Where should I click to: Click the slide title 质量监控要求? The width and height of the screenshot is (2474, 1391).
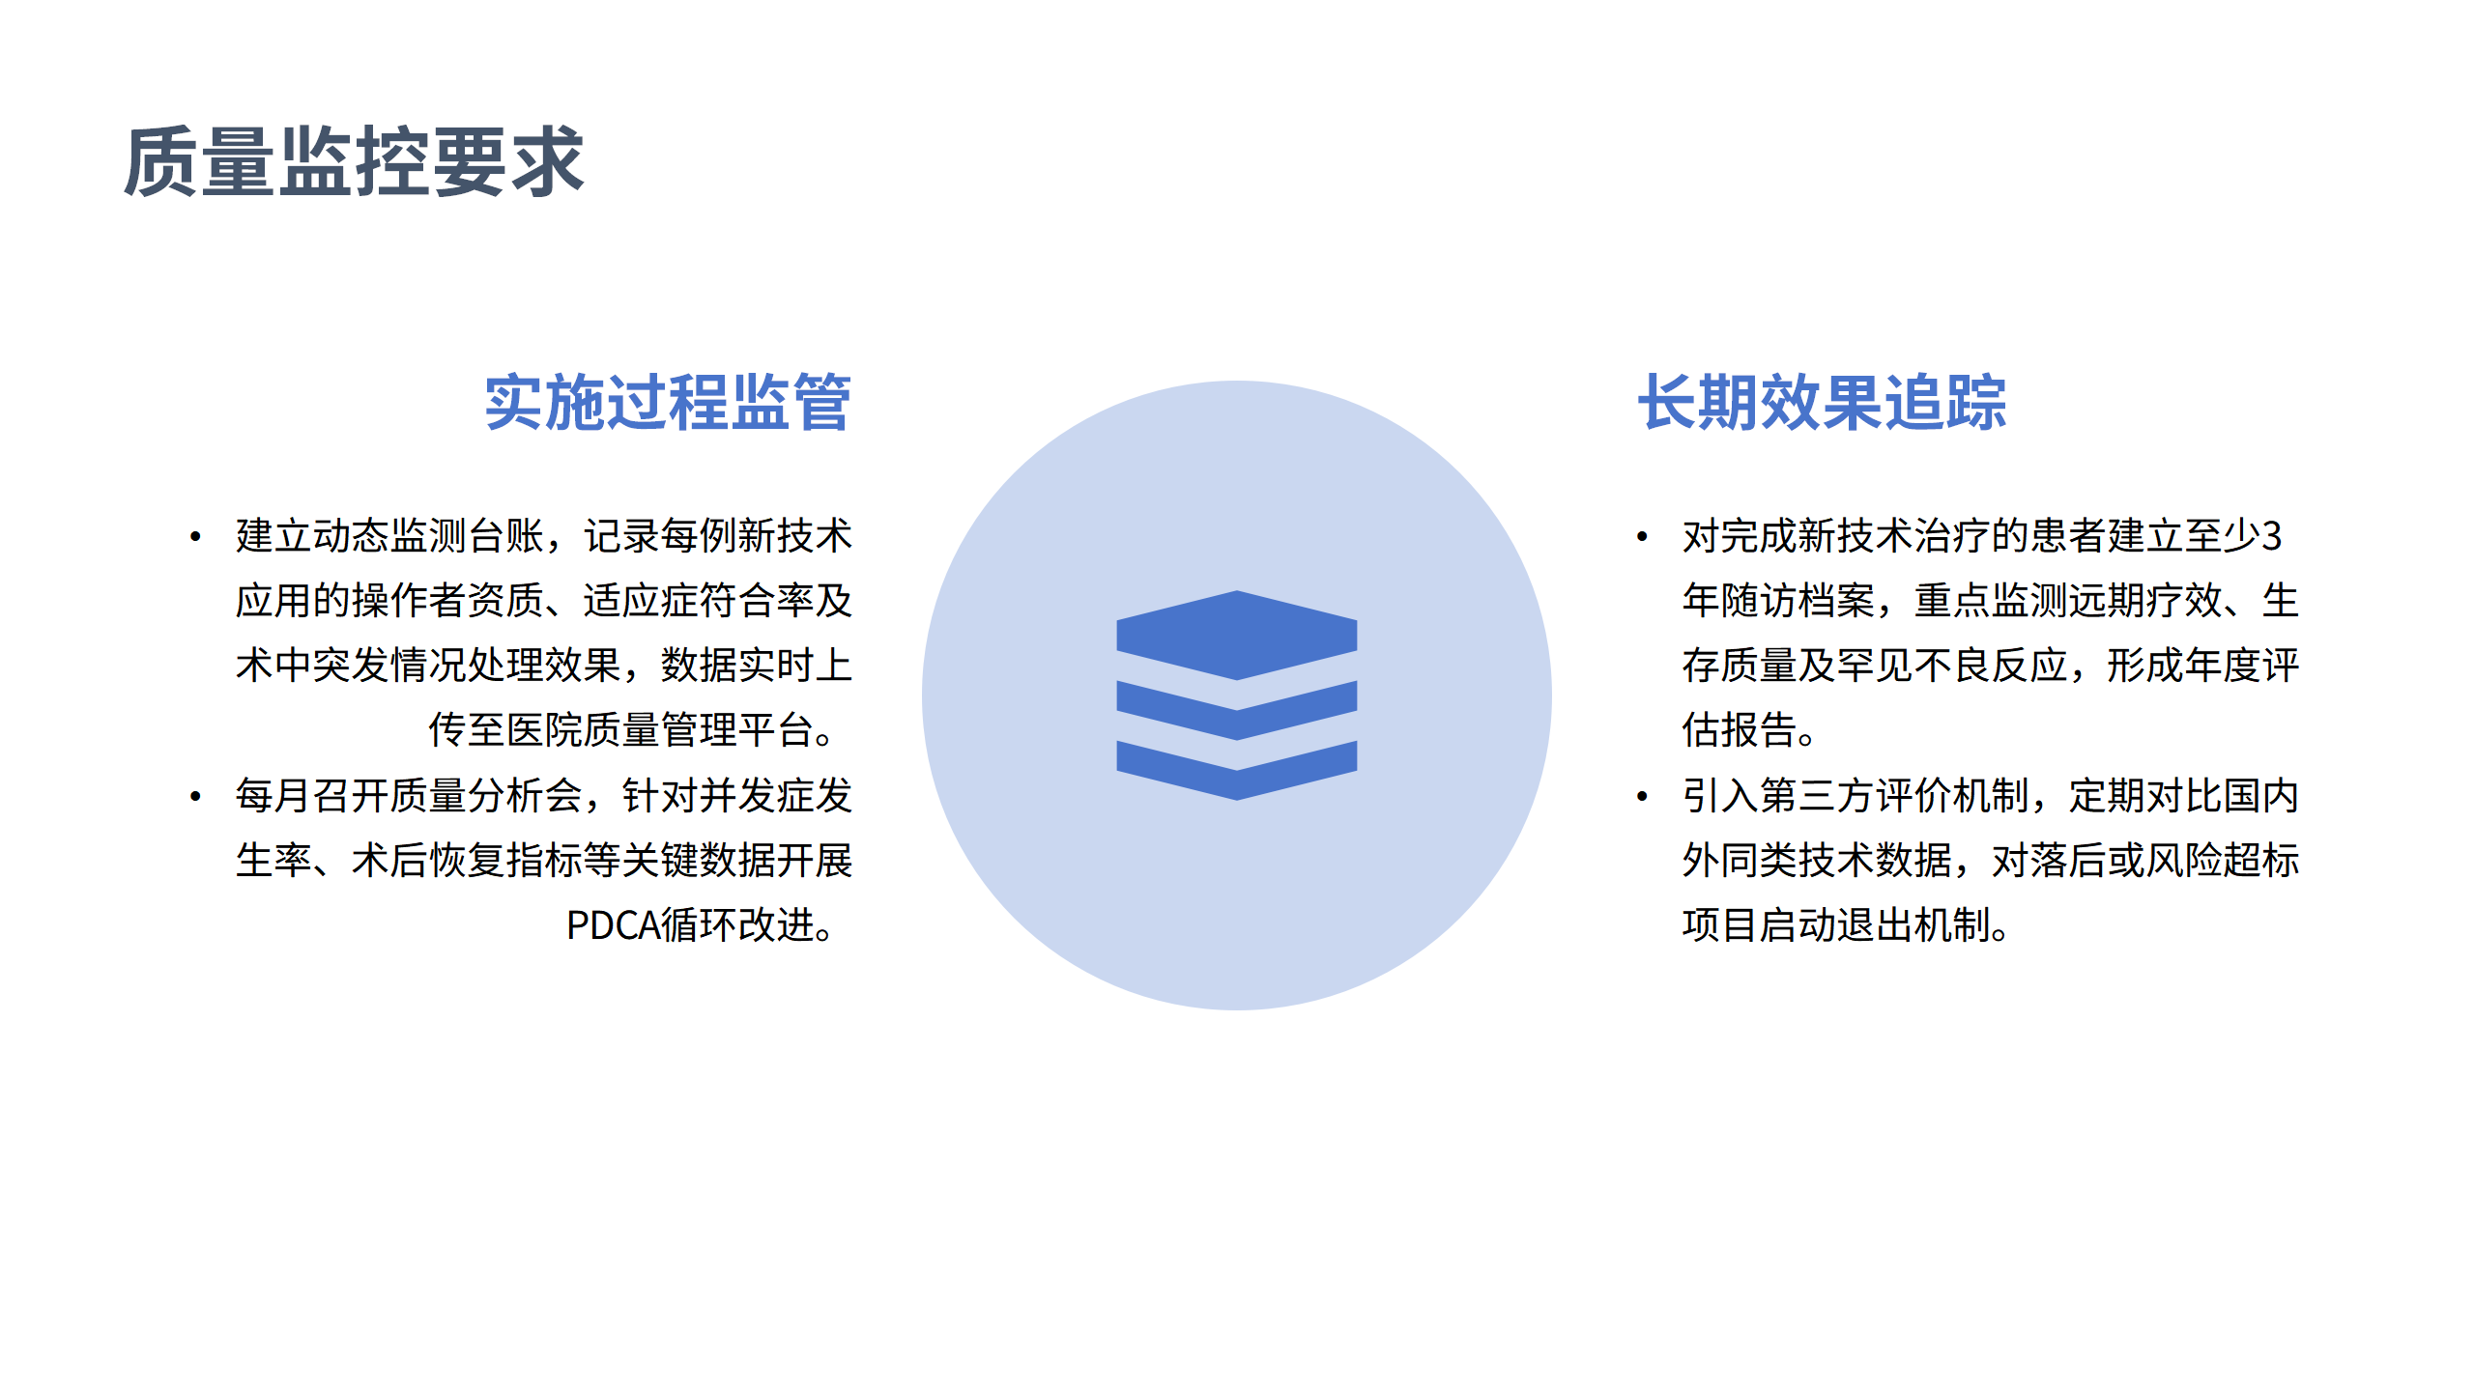[354, 161]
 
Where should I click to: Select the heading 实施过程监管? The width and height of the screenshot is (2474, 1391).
[667, 403]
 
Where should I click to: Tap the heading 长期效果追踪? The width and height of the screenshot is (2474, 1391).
[1822, 403]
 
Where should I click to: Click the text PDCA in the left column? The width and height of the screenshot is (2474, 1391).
[612, 925]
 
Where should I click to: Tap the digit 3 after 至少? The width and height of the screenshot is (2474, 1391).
[2272, 536]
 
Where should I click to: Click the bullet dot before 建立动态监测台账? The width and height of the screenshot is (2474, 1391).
[196, 536]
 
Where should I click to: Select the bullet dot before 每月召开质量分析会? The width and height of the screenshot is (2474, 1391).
[196, 796]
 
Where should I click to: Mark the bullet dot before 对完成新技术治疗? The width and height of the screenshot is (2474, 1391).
[1642, 536]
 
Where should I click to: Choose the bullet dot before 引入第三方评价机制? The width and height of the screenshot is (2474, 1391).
[1642, 796]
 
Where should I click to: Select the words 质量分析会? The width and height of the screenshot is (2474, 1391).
[486, 796]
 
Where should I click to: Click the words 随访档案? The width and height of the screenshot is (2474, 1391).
[1798, 601]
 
